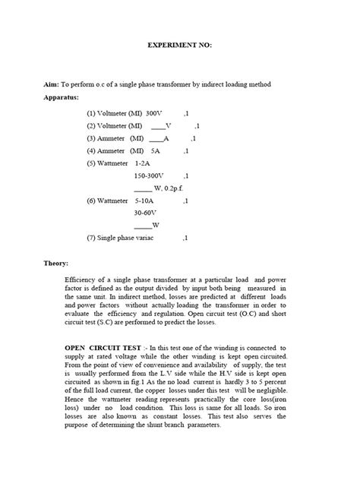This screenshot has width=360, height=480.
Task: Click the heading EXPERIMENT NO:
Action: click(x=179, y=46)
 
